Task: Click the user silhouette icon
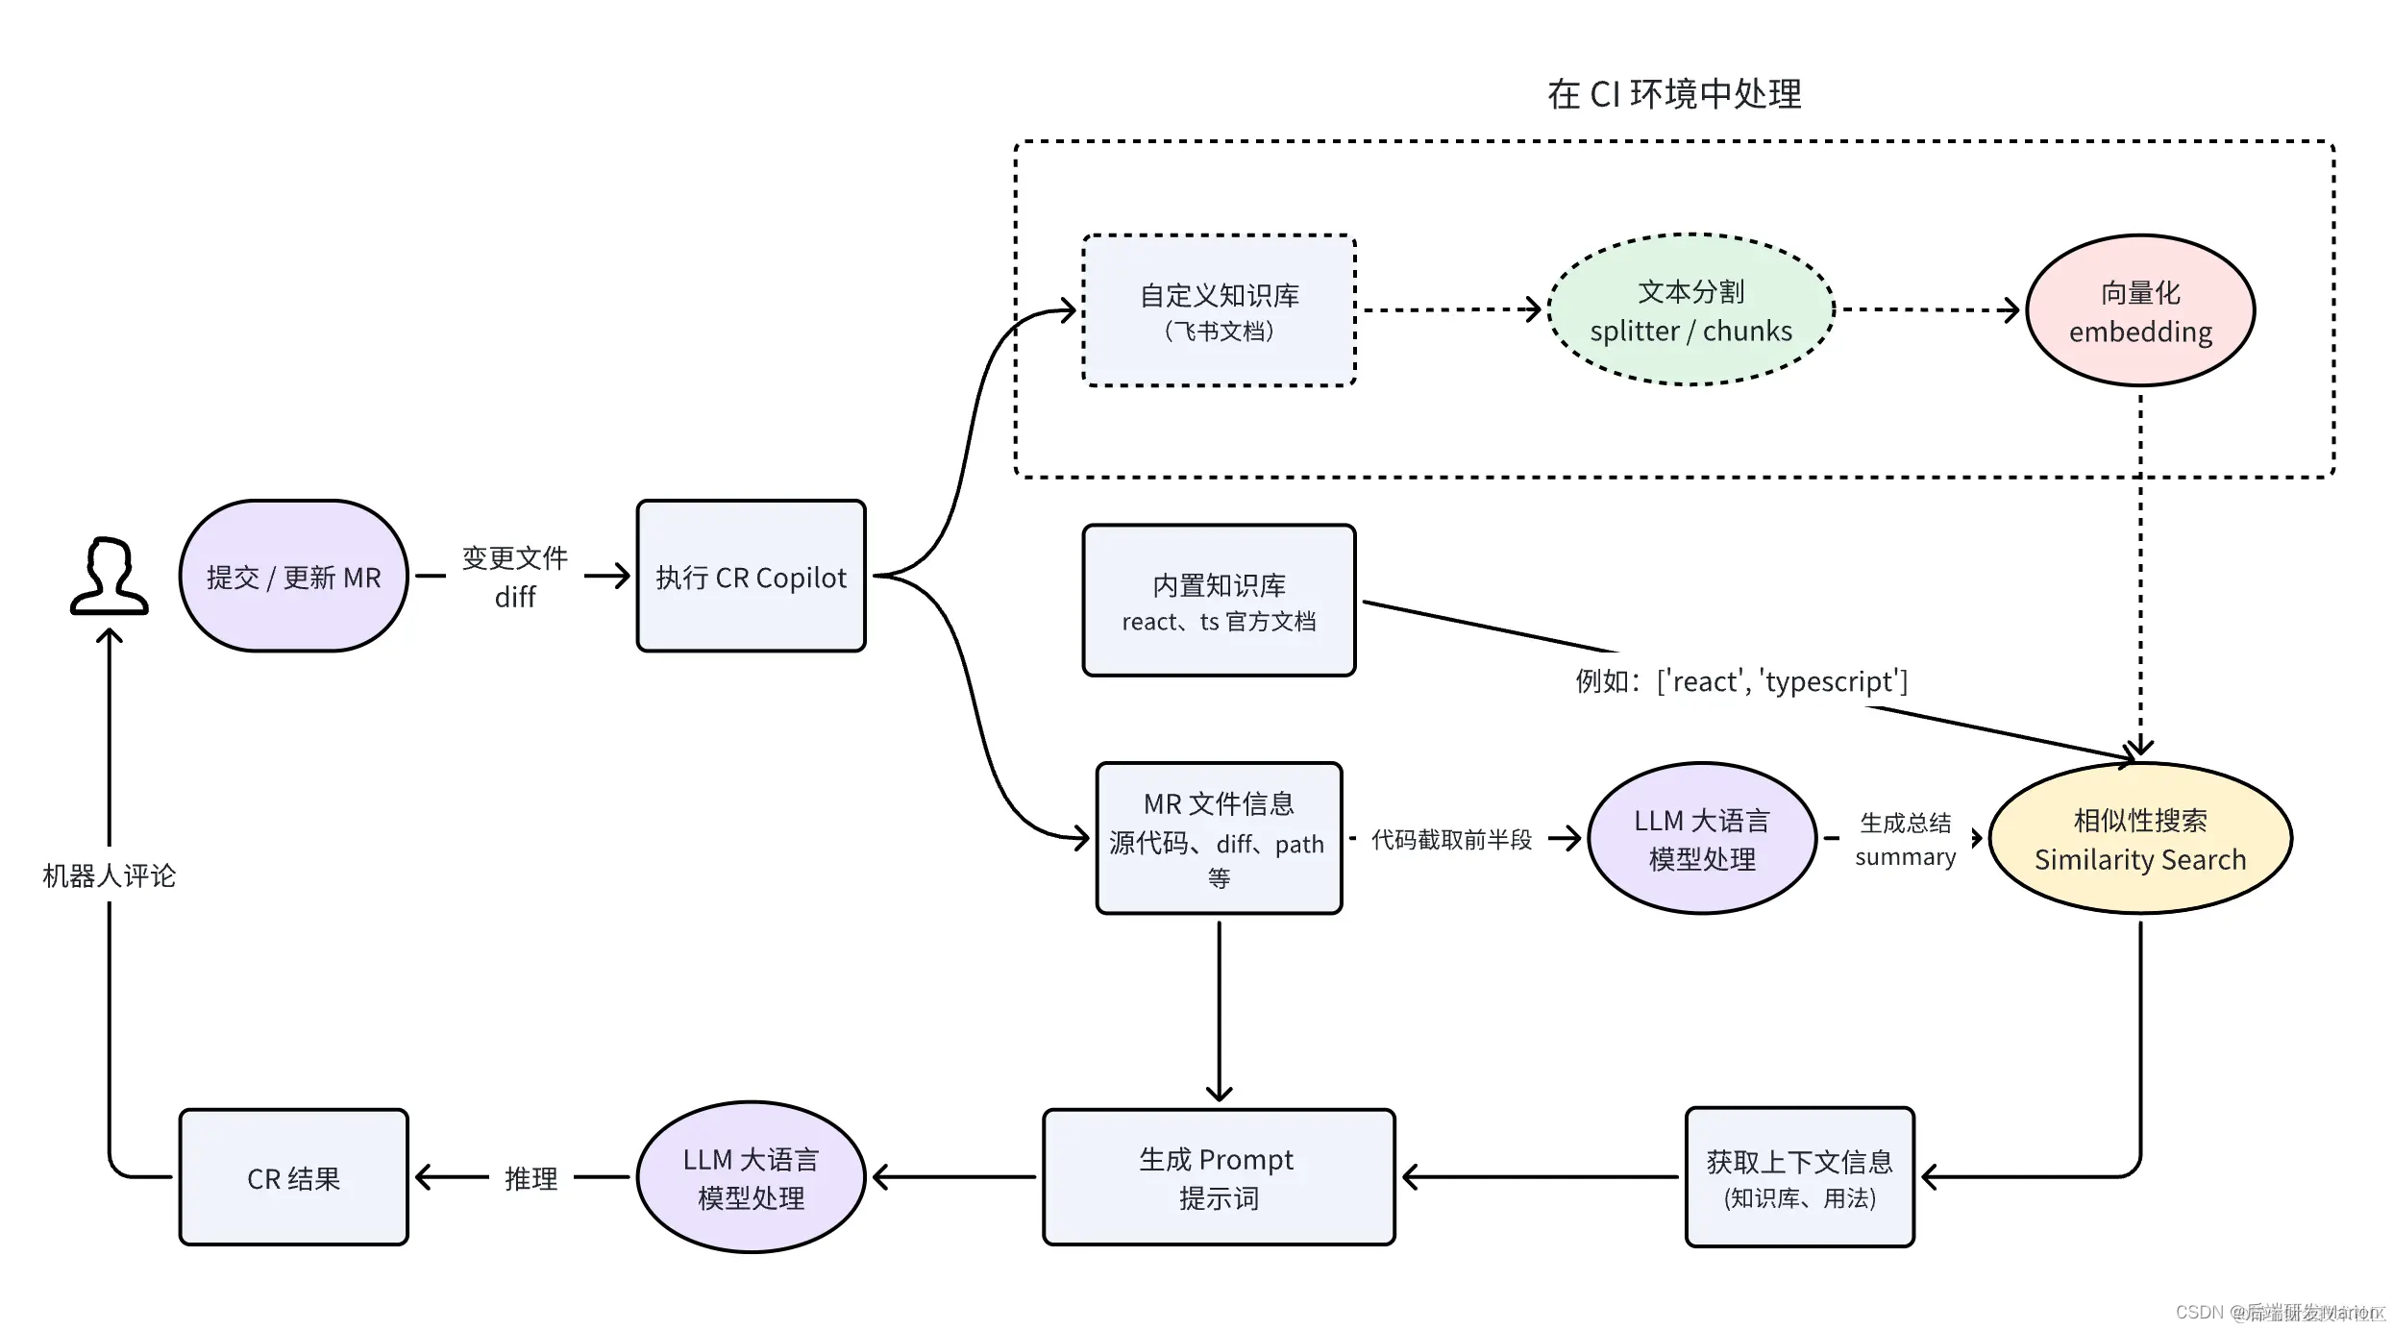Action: [109, 577]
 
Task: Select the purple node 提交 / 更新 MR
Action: [293, 577]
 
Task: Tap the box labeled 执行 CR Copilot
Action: [751, 577]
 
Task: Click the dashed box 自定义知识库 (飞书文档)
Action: [1219, 310]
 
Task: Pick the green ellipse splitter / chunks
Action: [1690, 310]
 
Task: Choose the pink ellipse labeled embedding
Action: [2140, 310]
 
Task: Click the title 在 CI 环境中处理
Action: [1674, 94]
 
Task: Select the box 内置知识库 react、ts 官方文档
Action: [1219, 601]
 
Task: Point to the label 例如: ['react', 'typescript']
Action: [1740, 681]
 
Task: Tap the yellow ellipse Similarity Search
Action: [2140, 839]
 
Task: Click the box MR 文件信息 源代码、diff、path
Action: [1219, 839]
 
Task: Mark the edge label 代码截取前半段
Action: [1451, 840]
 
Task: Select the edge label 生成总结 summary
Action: [1905, 839]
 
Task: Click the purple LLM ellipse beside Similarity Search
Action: [1702, 839]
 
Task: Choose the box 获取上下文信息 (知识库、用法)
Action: [1799, 1178]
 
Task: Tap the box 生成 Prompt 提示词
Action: [1219, 1178]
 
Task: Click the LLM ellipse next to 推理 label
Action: [751, 1178]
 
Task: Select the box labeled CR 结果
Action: [293, 1178]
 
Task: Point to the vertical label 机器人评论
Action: [109, 875]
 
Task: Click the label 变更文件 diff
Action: [515, 577]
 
